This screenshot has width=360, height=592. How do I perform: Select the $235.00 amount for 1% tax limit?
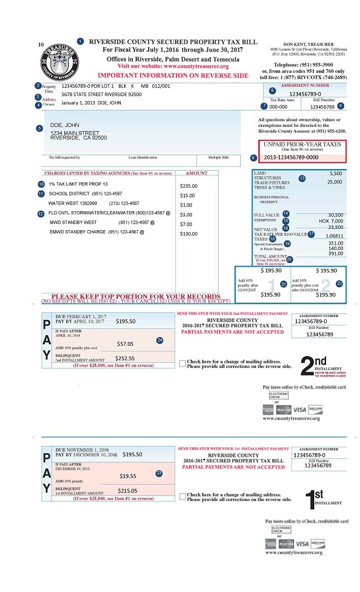point(189,186)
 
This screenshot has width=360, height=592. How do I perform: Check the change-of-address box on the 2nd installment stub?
point(182,363)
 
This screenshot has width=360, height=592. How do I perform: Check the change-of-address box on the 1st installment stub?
point(182,496)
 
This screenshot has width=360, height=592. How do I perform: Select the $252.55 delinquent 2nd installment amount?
point(124,358)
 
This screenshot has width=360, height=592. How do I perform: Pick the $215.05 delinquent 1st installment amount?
point(127,491)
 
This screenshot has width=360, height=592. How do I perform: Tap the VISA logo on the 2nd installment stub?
point(300,410)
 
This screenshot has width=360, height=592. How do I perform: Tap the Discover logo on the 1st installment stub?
point(317,543)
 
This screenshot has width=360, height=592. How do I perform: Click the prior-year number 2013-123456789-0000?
point(291,157)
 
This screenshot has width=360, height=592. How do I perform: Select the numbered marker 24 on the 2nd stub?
point(160,340)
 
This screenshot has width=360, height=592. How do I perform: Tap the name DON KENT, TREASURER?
point(308,45)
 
